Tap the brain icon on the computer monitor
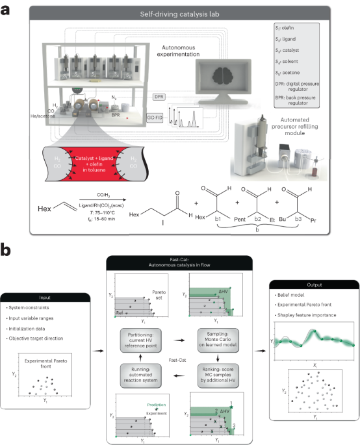222,72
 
